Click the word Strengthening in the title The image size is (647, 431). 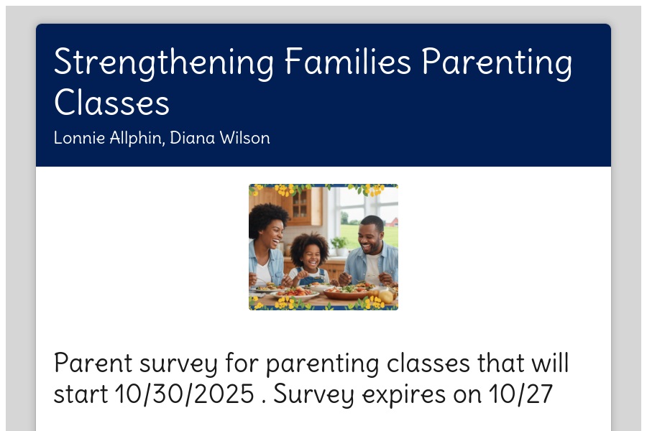click(x=164, y=62)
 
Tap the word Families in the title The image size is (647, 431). click(x=348, y=61)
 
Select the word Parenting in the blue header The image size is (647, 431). click(x=497, y=62)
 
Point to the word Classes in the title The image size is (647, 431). click(x=112, y=102)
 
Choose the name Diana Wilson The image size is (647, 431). click(x=220, y=138)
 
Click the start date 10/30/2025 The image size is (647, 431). click(x=185, y=394)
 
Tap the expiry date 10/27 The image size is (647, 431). click(x=520, y=394)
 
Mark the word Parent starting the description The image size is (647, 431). click(x=93, y=363)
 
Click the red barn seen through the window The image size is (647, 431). click(x=393, y=222)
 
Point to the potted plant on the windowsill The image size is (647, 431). click(x=341, y=246)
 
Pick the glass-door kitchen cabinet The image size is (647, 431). click(x=300, y=205)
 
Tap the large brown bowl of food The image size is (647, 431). click(x=347, y=292)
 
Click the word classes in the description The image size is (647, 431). click(x=428, y=363)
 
